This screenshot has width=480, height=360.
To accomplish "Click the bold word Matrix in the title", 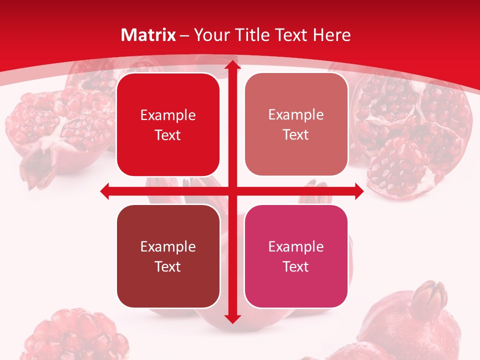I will [148, 35].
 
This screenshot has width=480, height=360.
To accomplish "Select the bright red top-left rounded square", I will [168, 125].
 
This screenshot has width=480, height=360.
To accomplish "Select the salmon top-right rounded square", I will [296, 124].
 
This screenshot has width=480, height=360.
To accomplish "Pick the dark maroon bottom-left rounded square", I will [168, 256].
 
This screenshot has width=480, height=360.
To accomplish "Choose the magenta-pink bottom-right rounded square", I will [296, 256].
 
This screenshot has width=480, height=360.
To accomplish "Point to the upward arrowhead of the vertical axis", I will [232, 65].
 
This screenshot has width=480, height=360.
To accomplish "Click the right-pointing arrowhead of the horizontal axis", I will [358, 191].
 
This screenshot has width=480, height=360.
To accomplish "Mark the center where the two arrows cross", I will [232, 191].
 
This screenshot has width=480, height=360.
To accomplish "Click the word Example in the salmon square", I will [296, 114].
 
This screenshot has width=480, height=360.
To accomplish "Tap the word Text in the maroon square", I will [168, 266].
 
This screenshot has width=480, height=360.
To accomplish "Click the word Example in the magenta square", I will [296, 246].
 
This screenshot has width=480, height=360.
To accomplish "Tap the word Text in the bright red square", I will [168, 135].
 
